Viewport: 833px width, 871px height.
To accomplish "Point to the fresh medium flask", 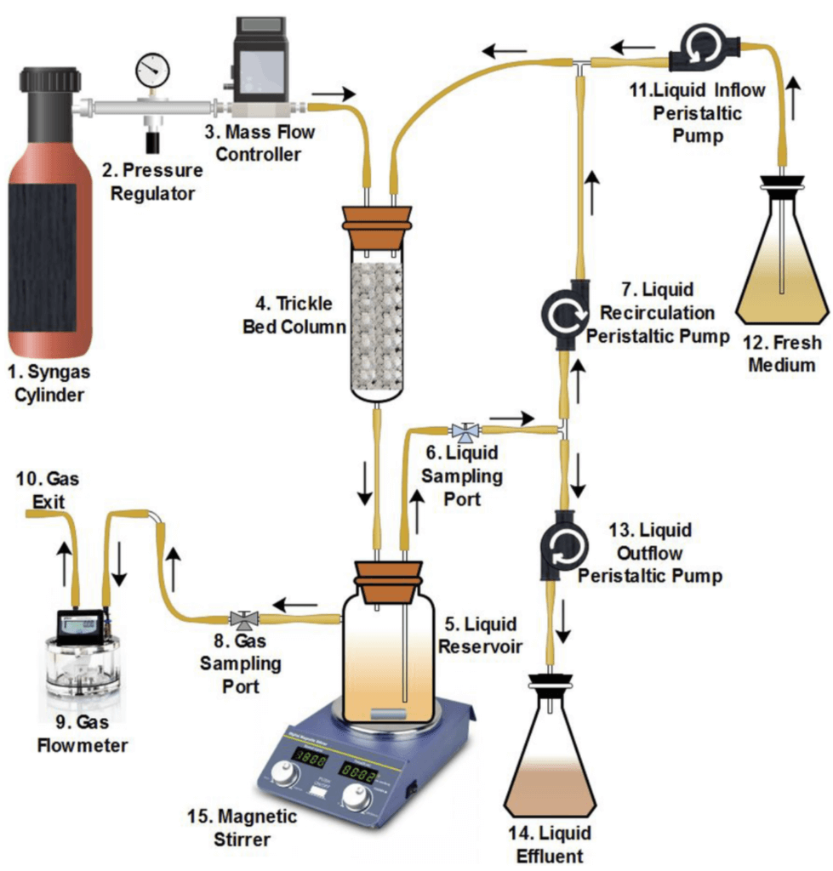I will [781, 264].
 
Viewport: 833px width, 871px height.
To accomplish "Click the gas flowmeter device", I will [79, 652].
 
